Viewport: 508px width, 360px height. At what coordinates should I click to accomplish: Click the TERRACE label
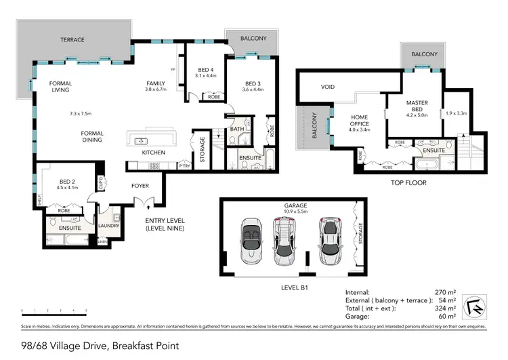coord(72,40)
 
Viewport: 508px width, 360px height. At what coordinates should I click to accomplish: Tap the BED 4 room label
coord(206,70)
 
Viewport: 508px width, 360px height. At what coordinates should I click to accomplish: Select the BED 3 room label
coord(252,84)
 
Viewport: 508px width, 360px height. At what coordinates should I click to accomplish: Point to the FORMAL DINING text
coord(91,136)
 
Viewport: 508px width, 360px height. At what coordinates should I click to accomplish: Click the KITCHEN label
coord(153,153)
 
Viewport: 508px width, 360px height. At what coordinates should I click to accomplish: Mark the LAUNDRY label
coord(108,226)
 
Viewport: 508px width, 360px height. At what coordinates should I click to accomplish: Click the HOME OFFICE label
coord(359,121)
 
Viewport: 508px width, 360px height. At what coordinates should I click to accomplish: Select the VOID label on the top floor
coord(328,87)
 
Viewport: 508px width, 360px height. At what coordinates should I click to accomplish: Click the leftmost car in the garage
coord(251,241)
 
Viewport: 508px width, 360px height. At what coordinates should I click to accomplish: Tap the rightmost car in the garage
coord(331,241)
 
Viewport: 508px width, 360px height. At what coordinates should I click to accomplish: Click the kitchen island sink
coord(142,141)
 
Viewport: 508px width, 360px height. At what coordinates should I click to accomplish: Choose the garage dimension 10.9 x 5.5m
coord(295,212)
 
